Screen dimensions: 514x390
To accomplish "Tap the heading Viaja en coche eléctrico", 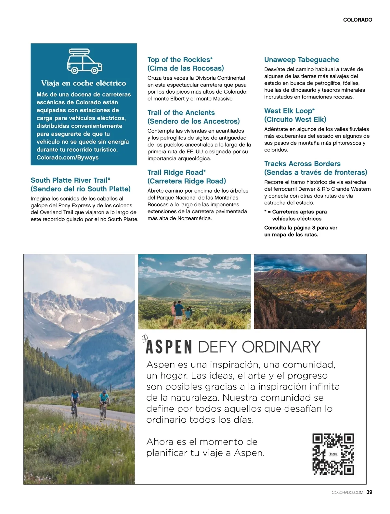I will (x=84, y=83).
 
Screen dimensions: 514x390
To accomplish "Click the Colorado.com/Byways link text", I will (x=67, y=158).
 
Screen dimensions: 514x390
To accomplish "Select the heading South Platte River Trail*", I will (x=71, y=180).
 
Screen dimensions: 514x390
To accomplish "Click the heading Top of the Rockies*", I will (x=180, y=60).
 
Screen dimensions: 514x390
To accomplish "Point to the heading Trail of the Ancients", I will (x=181, y=113).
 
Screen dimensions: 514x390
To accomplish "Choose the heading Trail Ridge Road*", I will (x=176, y=173).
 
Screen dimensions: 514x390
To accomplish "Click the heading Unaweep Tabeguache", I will (x=302, y=60).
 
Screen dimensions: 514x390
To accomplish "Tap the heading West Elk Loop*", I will (x=289, y=111).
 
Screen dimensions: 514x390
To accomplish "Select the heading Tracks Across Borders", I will (x=302, y=164).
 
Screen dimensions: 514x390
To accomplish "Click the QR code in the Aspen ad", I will (x=333, y=454).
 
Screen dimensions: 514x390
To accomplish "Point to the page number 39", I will (x=369, y=492).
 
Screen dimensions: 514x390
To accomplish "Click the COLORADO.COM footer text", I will (x=347, y=493).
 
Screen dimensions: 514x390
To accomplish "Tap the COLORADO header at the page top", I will (x=357, y=20).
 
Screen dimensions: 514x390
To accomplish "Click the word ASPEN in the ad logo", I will (x=169, y=347).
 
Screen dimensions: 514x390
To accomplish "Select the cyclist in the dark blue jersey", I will (x=75, y=402).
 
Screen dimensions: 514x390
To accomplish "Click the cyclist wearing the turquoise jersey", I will (x=104, y=403).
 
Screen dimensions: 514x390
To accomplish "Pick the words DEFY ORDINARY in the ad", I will (x=259, y=347).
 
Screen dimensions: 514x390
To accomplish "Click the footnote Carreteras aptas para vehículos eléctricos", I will (x=295, y=215).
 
